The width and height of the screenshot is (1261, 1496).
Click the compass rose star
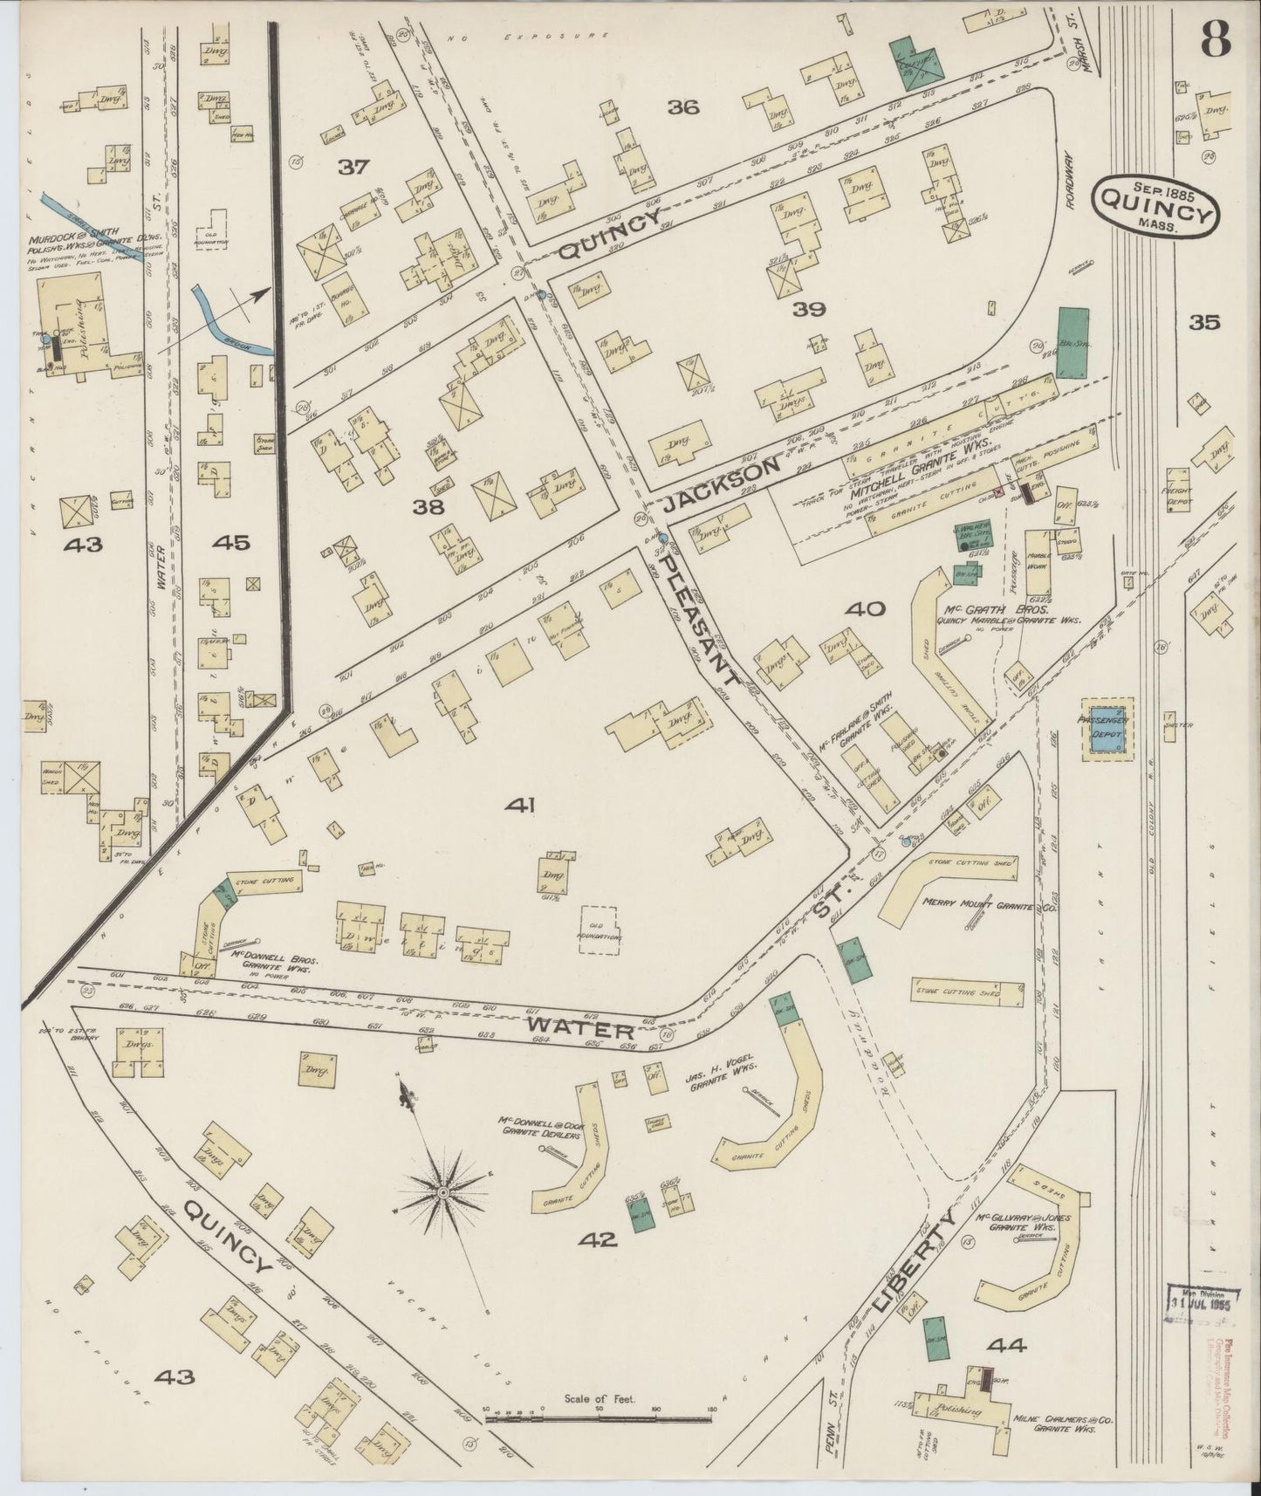tap(445, 1191)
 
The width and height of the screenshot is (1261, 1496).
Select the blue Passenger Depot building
tap(1107, 727)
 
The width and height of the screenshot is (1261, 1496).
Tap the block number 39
tap(809, 309)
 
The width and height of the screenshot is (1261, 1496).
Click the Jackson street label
tap(721, 486)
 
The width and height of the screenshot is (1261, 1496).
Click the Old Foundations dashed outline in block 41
tap(600, 930)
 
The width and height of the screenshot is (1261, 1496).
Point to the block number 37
tap(353, 166)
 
